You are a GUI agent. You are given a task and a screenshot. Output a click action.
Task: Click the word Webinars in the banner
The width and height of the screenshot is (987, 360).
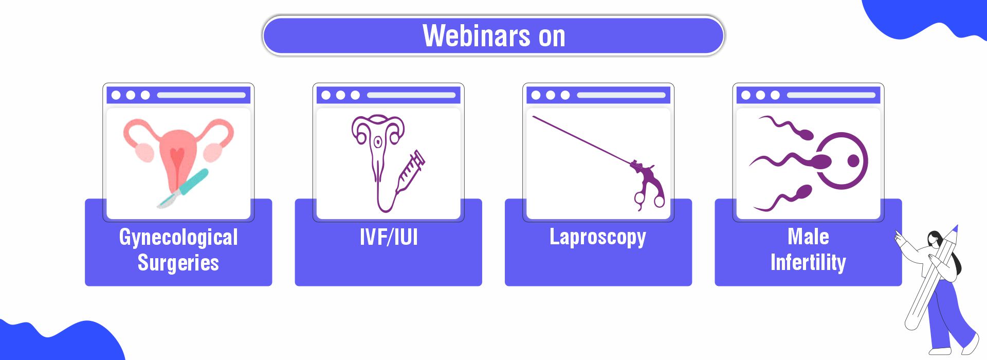[x=476, y=35]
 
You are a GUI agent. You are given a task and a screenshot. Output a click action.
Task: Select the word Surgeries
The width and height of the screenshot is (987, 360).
[x=178, y=263]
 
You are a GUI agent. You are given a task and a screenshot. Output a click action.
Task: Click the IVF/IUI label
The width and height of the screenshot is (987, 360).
[x=389, y=237]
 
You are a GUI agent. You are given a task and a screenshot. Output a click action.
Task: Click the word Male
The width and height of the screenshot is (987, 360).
[x=808, y=237]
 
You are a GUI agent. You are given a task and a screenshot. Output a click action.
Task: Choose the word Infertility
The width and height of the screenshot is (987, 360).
[x=808, y=262]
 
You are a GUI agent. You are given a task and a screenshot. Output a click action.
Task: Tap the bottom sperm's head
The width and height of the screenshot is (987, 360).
[x=802, y=193]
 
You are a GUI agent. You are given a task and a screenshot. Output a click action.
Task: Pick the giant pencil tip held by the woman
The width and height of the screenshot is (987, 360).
[x=954, y=230]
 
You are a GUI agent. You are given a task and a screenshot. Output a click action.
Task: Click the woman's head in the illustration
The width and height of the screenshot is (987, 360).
[x=936, y=240]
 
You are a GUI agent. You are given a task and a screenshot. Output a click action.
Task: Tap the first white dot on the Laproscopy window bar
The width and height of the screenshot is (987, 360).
[x=536, y=95]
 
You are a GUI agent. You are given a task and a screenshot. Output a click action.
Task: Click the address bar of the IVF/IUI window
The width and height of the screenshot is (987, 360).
[x=411, y=95]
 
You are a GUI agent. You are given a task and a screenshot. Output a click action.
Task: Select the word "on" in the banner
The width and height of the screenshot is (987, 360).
[x=552, y=37]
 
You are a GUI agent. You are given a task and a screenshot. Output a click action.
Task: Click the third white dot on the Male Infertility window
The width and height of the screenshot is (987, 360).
[x=775, y=95]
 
